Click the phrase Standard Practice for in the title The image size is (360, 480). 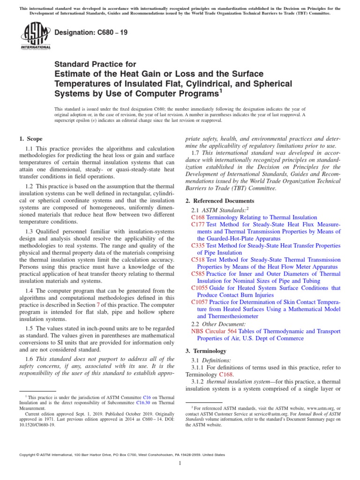[x=96, y=64]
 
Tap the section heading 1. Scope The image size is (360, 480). [x=30, y=139]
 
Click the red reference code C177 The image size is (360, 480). [x=198, y=225]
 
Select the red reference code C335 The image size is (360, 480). [x=198, y=246]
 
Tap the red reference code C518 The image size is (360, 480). [x=198, y=260]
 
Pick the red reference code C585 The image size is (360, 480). [x=198, y=274]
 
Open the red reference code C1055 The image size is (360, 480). [x=200, y=288]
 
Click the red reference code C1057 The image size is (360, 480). [x=200, y=302]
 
